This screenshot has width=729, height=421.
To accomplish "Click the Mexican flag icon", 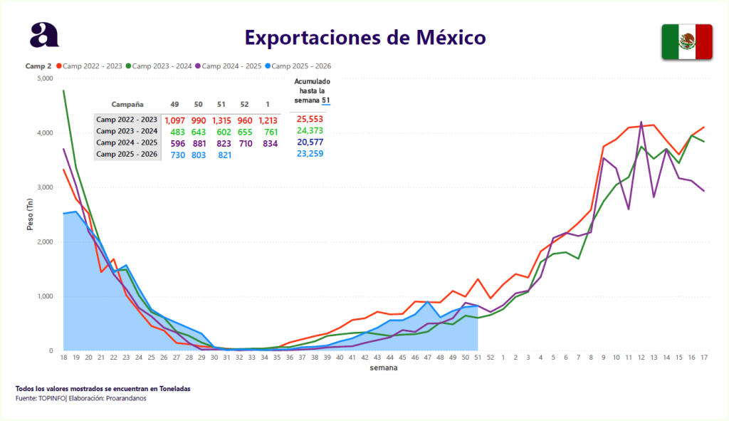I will pos(687,41).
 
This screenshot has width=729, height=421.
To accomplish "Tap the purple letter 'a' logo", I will pos(44,34).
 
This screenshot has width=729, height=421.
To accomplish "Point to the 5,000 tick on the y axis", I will pos(44,78).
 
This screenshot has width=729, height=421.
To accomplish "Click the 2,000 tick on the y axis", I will pos(44,242).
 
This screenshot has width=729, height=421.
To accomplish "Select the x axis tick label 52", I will pos(490,357).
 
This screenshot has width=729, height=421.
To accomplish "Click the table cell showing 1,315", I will pos(225,120).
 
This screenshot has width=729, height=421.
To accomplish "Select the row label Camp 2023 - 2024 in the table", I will pos(127,131).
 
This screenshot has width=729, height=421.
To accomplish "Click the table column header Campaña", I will pos(127,103).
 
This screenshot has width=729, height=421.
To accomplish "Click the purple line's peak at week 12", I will pos(641,122).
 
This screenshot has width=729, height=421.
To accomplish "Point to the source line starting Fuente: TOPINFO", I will pos(80,397).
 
